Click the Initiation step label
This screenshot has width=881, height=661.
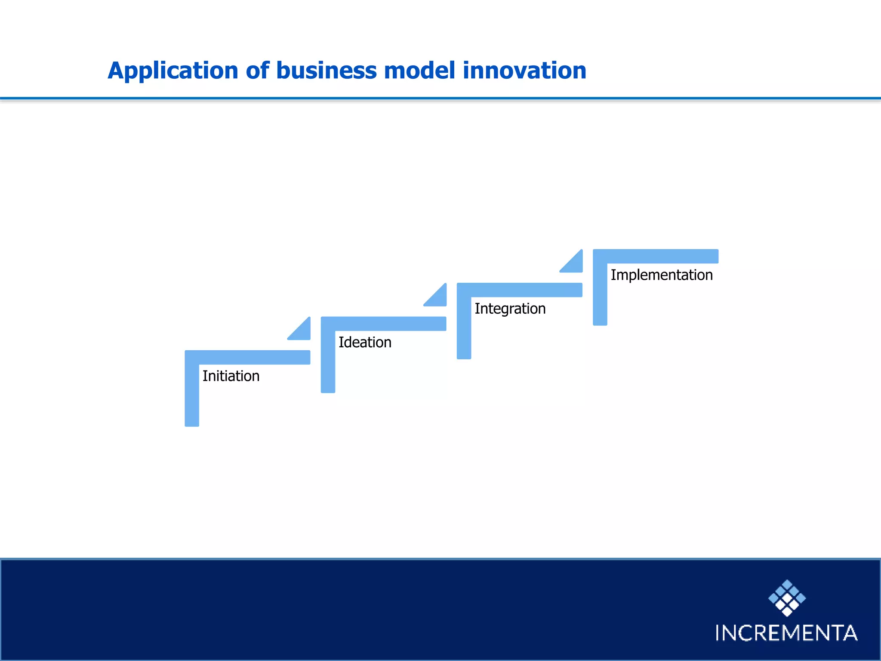point(231,376)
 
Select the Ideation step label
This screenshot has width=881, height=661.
point(365,343)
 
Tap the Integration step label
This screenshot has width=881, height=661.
point(510,309)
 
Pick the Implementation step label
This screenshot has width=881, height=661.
point(662,275)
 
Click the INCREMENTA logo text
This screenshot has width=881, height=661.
point(786,633)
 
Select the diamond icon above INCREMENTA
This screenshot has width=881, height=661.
point(787,598)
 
